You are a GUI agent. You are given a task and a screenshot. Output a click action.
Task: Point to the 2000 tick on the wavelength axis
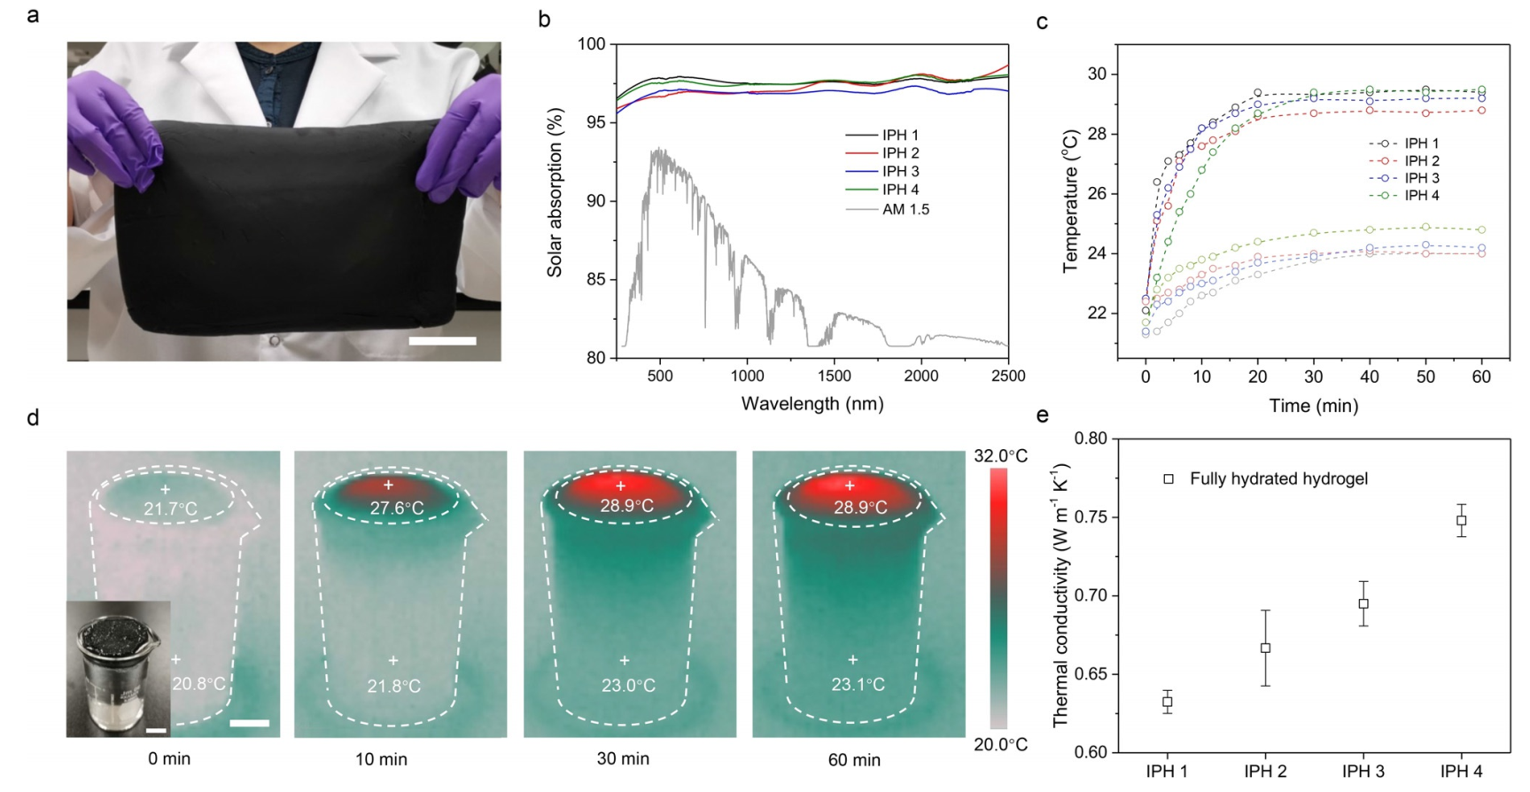(x=920, y=376)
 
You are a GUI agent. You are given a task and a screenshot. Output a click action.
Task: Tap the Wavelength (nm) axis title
(x=812, y=404)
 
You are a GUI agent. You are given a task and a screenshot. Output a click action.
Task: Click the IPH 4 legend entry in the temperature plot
(x=1421, y=195)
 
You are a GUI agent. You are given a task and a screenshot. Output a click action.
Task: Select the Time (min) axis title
(x=1313, y=406)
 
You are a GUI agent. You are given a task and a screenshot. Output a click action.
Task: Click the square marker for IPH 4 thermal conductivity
(x=1461, y=521)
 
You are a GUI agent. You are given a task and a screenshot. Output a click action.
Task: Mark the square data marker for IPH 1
(x=1168, y=703)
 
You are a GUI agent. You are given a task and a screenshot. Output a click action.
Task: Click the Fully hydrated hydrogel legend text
(x=1278, y=479)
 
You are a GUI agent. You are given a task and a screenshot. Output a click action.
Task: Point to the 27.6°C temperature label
(x=396, y=509)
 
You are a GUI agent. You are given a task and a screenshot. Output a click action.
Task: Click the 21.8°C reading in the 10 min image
(x=393, y=686)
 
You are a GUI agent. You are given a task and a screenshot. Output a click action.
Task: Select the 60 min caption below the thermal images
(x=854, y=759)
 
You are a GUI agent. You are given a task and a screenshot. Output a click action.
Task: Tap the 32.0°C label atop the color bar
(x=1001, y=456)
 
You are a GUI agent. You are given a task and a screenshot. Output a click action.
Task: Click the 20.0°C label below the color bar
(x=1001, y=745)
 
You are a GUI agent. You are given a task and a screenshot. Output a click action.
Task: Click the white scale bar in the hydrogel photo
(x=443, y=341)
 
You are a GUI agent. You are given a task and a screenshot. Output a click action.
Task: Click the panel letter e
(x=1043, y=415)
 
